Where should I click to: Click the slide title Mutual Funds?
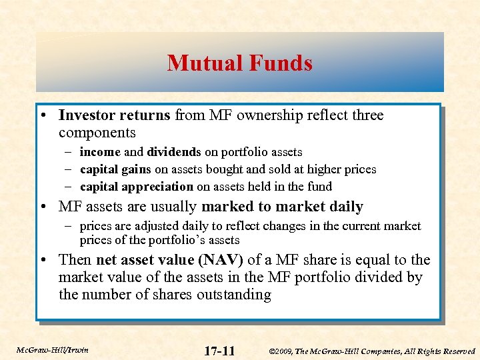(239, 63)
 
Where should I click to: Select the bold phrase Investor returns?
(114, 115)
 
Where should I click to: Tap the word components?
(97, 133)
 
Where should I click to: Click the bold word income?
(99, 152)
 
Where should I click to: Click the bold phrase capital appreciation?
(136, 187)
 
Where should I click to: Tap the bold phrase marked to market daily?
(282, 207)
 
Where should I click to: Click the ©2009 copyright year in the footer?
(284, 351)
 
